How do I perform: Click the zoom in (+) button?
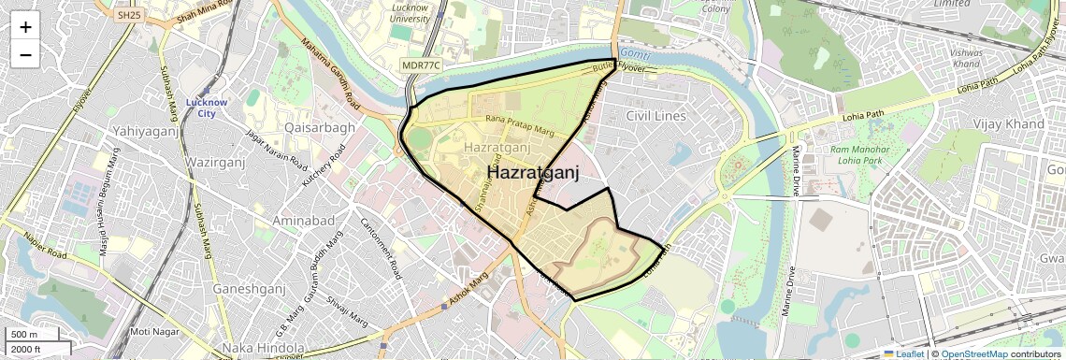(25, 27)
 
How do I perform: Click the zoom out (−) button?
(25, 55)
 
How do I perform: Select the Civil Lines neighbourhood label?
(655, 116)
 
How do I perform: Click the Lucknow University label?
(410, 12)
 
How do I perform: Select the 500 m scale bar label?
(25, 335)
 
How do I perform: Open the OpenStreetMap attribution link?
(973, 353)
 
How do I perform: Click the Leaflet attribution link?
(903, 353)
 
